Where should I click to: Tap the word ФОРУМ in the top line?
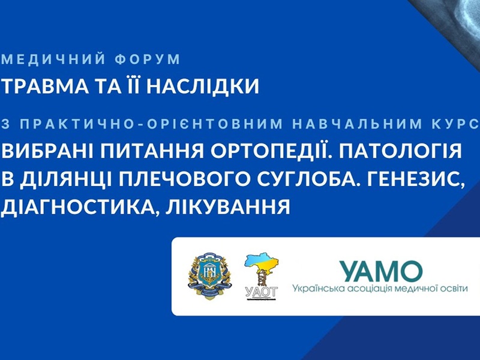click(x=148, y=59)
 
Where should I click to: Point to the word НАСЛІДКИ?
click(x=203, y=86)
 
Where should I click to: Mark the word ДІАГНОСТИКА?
click(x=79, y=207)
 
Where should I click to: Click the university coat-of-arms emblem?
click(x=209, y=276)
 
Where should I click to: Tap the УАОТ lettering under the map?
click(x=262, y=292)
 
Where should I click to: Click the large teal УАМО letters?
click(x=382, y=271)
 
